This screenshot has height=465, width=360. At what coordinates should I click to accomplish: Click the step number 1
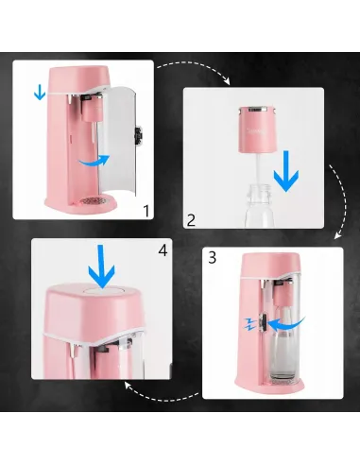146,211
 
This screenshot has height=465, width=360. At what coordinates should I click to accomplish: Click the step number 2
191,220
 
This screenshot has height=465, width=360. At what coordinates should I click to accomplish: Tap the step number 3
213,257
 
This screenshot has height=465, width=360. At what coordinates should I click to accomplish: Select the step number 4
163,251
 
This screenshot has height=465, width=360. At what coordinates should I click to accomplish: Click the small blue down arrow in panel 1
40,93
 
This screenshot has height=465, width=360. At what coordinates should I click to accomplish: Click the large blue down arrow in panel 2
286,171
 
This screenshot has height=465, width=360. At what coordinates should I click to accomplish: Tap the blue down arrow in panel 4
101,267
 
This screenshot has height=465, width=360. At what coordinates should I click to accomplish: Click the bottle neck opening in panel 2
259,189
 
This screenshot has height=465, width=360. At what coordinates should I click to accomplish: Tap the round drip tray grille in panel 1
94,200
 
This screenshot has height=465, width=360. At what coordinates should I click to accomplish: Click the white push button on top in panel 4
102,290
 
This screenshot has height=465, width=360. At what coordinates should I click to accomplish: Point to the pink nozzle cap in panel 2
257,129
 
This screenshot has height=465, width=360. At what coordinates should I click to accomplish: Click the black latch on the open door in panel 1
138,136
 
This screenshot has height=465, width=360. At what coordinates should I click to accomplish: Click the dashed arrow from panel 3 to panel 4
162,394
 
